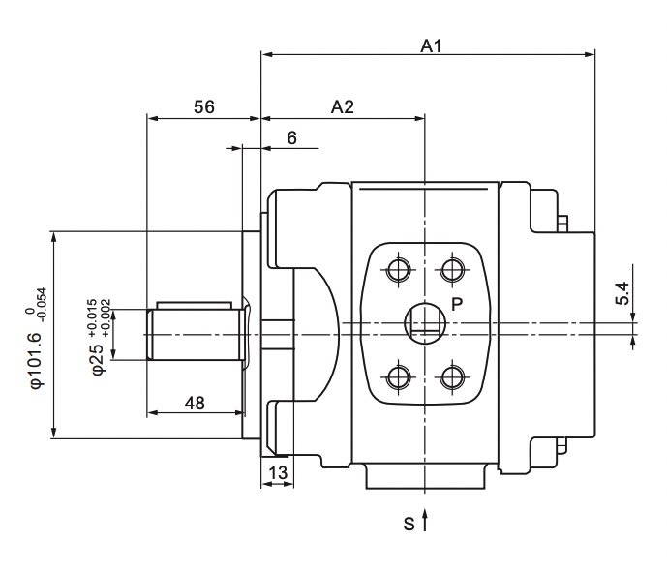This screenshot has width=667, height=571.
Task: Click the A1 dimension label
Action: [x=432, y=45]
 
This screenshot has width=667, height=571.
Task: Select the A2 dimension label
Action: [x=343, y=107]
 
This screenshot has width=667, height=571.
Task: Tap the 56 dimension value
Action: [x=204, y=107]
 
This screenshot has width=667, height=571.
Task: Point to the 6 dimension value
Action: [x=291, y=138]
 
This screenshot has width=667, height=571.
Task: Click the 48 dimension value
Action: [x=195, y=403]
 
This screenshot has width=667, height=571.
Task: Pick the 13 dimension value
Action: [x=278, y=473]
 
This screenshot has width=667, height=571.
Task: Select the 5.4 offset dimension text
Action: [x=622, y=293]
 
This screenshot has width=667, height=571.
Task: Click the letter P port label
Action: [x=457, y=304]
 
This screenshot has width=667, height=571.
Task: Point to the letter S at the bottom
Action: [x=409, y=524]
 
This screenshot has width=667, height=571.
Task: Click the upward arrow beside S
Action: [x=425, y=519]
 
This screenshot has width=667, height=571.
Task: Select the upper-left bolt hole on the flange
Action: [x=399, y=269]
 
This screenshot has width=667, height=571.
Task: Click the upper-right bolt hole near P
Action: [x=452, y=269]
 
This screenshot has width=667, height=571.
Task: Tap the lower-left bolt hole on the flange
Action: [x=399, y=377]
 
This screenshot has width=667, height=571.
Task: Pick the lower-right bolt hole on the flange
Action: [x=452, y=377]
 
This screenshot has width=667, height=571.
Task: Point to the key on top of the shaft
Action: [x=195, y=306]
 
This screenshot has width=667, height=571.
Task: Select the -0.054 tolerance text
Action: [x=43, y=305]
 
